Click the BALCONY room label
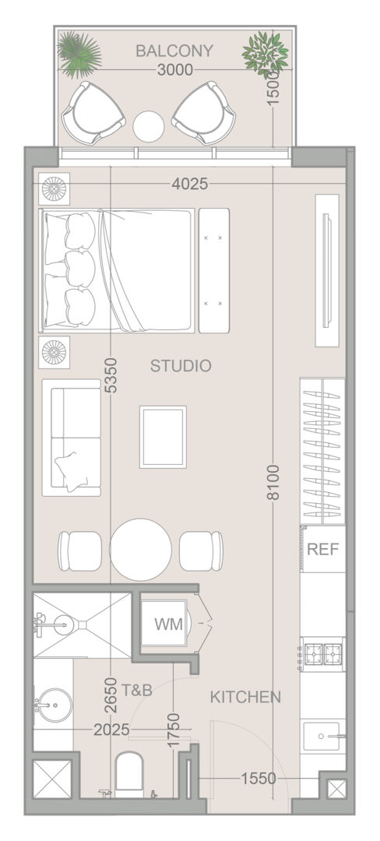coord(174,51)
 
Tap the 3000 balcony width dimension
coord(175,70)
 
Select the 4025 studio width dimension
coord(190,184)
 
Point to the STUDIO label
coord(181,366)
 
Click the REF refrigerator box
coord(322,549)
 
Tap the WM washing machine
coord(168,624)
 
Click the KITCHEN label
coord(245,697)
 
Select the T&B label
coord(137,690)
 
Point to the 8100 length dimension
coord(273,483)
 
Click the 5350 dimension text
coord(111,375)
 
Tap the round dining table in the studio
coord(140,549)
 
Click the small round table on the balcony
coord(149,127)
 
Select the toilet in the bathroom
coord(130,772)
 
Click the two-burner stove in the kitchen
coord(322,654)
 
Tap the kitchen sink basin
coord(322,737)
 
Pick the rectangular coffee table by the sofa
coord(163,437)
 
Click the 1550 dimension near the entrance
coord(258,778)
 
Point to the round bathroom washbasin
coord(55,706)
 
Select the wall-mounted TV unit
coord(327,270)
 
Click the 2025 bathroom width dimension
coord(111,730)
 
